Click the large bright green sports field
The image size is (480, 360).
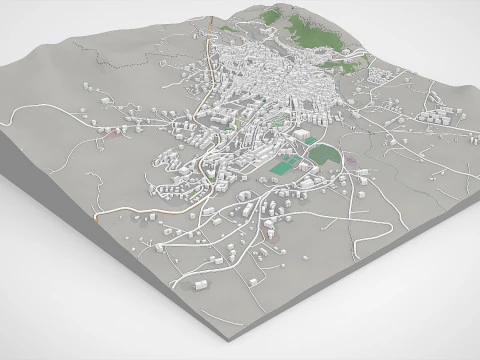tap(287, 167)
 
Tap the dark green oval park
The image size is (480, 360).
tap(324, 154)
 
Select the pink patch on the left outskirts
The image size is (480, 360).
tap(117, 131)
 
